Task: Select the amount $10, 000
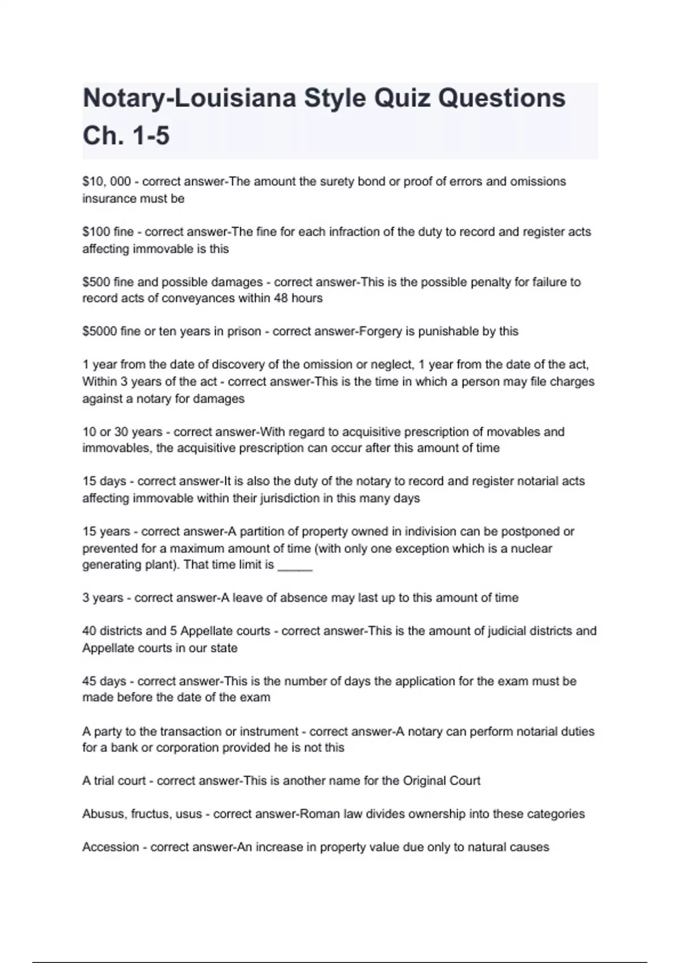pyautogui.click(x=107, y=182)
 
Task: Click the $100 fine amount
pyautogui.click(x=108, y=232)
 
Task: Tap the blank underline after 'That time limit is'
pyautogui.click(x=295, y=565)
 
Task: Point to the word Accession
pyautogui.click(x=110, y=847)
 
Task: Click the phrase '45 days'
pyautogui.click(x=104, y=681)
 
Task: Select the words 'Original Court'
pyautogui.click(x=441, y=781)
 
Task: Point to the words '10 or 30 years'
pyautogui.click(x=122, y=432)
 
